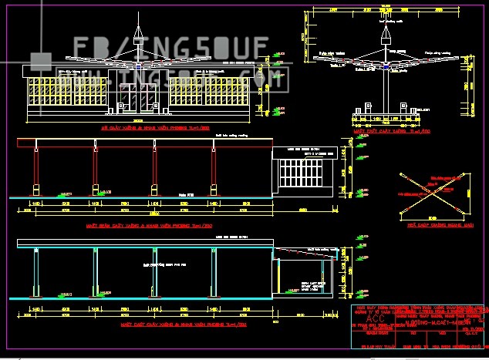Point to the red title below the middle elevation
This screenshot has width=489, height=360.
coord(140,226)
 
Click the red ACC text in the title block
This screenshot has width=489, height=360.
coord(373,318)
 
